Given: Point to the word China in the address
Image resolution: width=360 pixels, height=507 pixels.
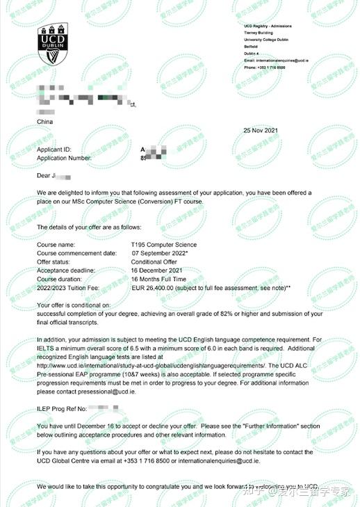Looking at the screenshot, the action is click(x=44, y=122).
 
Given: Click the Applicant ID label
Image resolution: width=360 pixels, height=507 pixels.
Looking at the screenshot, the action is click(x=54, y=150).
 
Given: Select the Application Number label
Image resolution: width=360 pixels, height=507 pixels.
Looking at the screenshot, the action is click(x=64, y=158).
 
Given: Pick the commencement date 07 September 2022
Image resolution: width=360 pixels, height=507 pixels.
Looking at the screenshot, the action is click(x=162, y=253).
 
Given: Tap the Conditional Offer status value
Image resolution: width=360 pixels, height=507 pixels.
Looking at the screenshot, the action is click(x=154, y=261).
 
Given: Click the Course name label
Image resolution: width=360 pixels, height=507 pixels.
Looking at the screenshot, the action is click(x=55, y=245).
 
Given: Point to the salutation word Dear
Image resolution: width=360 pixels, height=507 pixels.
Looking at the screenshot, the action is click(x=44, y=177).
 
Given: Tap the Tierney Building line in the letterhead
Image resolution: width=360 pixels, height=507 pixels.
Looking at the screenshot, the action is click(x=259, y=31).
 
